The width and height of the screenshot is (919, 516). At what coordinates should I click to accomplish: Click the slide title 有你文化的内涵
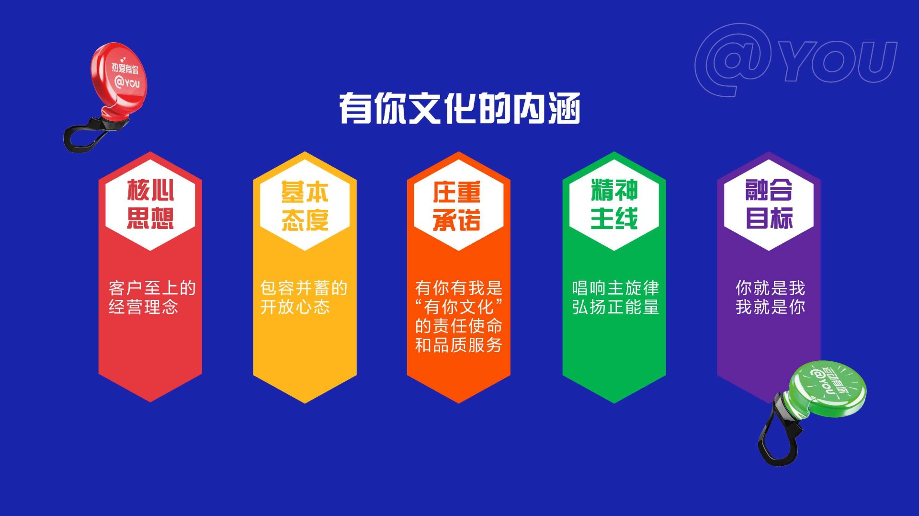[460, 108]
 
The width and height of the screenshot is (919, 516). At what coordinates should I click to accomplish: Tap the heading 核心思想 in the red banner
[150, 204]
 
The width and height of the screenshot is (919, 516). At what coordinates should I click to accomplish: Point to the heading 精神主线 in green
[614, 204]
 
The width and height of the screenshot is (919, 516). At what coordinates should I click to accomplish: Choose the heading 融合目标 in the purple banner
[769, 204]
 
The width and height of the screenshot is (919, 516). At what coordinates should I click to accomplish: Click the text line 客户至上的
[152, 288]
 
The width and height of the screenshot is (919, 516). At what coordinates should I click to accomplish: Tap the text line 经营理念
[143, 307]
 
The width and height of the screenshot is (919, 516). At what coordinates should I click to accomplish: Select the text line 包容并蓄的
[304, 288]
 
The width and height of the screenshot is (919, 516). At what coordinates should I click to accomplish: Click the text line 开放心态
[295, 307]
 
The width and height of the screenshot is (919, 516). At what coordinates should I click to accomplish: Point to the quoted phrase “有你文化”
[459, 307]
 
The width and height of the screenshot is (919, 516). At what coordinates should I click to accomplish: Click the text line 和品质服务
[458, 345]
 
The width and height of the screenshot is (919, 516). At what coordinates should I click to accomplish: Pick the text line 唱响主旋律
[615, 288]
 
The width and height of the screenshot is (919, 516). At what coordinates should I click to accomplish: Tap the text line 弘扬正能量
[615, 307]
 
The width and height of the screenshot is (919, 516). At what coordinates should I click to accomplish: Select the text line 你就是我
[771, 288]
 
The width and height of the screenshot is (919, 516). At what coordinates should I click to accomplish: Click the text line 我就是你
[771, 307]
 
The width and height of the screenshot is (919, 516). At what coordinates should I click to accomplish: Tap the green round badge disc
[828, 388]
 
